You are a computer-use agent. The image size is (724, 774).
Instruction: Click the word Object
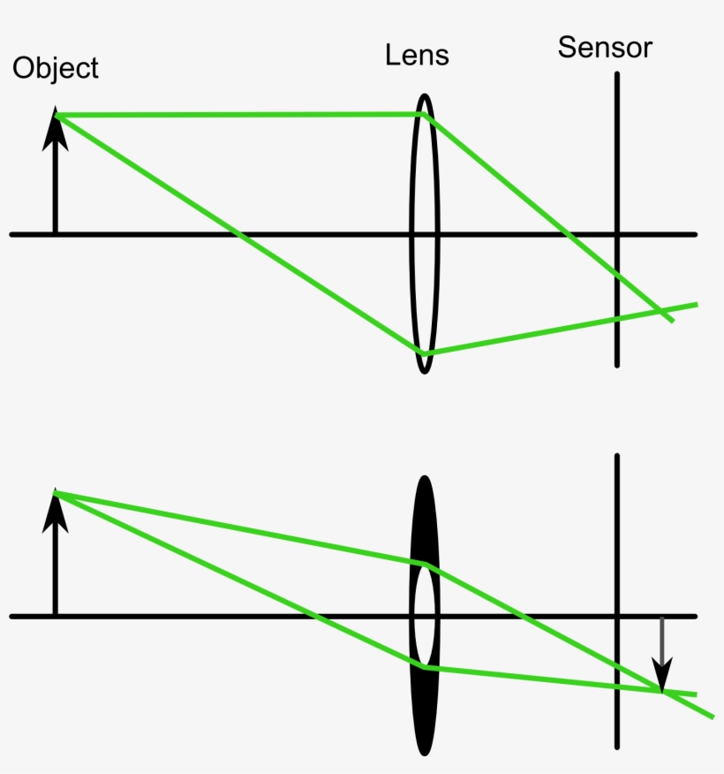click(55, 69)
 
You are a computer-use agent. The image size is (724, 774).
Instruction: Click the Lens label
click(417, 56)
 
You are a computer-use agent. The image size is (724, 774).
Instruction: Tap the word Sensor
click(605, 48)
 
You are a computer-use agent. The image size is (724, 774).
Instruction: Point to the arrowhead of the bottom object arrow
click(56, 509)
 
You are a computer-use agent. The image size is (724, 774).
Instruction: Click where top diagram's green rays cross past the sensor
click(659, 310)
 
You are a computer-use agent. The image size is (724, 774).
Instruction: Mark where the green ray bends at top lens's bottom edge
click(425, 353)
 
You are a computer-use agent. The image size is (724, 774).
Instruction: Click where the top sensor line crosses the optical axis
click(617, 234)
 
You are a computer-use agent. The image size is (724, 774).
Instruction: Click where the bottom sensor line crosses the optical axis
click(617, 616)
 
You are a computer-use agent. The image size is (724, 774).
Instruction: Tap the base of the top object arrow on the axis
click(56, 234)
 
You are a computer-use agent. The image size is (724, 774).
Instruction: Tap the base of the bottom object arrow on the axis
click(56, 616)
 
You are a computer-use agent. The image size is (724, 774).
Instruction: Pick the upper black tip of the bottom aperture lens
click(425, 479)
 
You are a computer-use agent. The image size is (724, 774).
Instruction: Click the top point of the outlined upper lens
click(425, 95)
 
